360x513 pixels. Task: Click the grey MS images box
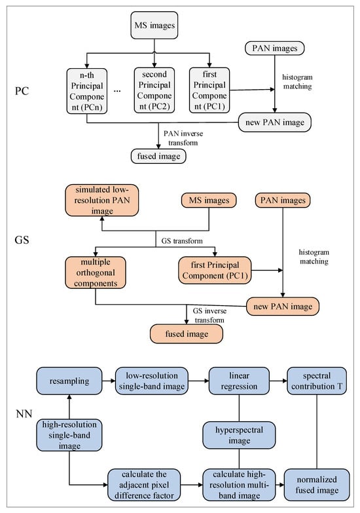click(154, 25)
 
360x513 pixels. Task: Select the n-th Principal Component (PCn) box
click(86, 91)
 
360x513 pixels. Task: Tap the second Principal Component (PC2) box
click(154, 90)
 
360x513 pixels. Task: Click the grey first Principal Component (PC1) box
click(209, 90)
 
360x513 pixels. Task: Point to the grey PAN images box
click(275, 48)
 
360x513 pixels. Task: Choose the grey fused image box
click(158, 156)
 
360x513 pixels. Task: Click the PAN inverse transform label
click(183, 138)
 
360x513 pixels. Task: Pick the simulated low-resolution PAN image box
click(102, 200)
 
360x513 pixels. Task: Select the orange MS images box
click(209, 200)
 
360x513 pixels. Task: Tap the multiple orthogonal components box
click(96, 273)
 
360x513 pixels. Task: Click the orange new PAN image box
click(283, 307)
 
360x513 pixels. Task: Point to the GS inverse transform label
click(209, 315)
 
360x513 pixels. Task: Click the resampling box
click(69, 381)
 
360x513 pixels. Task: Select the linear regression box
click(239, 381)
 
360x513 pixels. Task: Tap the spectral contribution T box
click(317, 381)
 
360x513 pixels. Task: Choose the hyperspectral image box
click(239, 435)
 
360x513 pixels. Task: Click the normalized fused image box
click(317, 485)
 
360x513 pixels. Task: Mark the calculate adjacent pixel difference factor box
click(144, 485)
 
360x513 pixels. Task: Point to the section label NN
click(24, 414)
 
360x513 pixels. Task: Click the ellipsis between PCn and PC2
click(117, 91)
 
